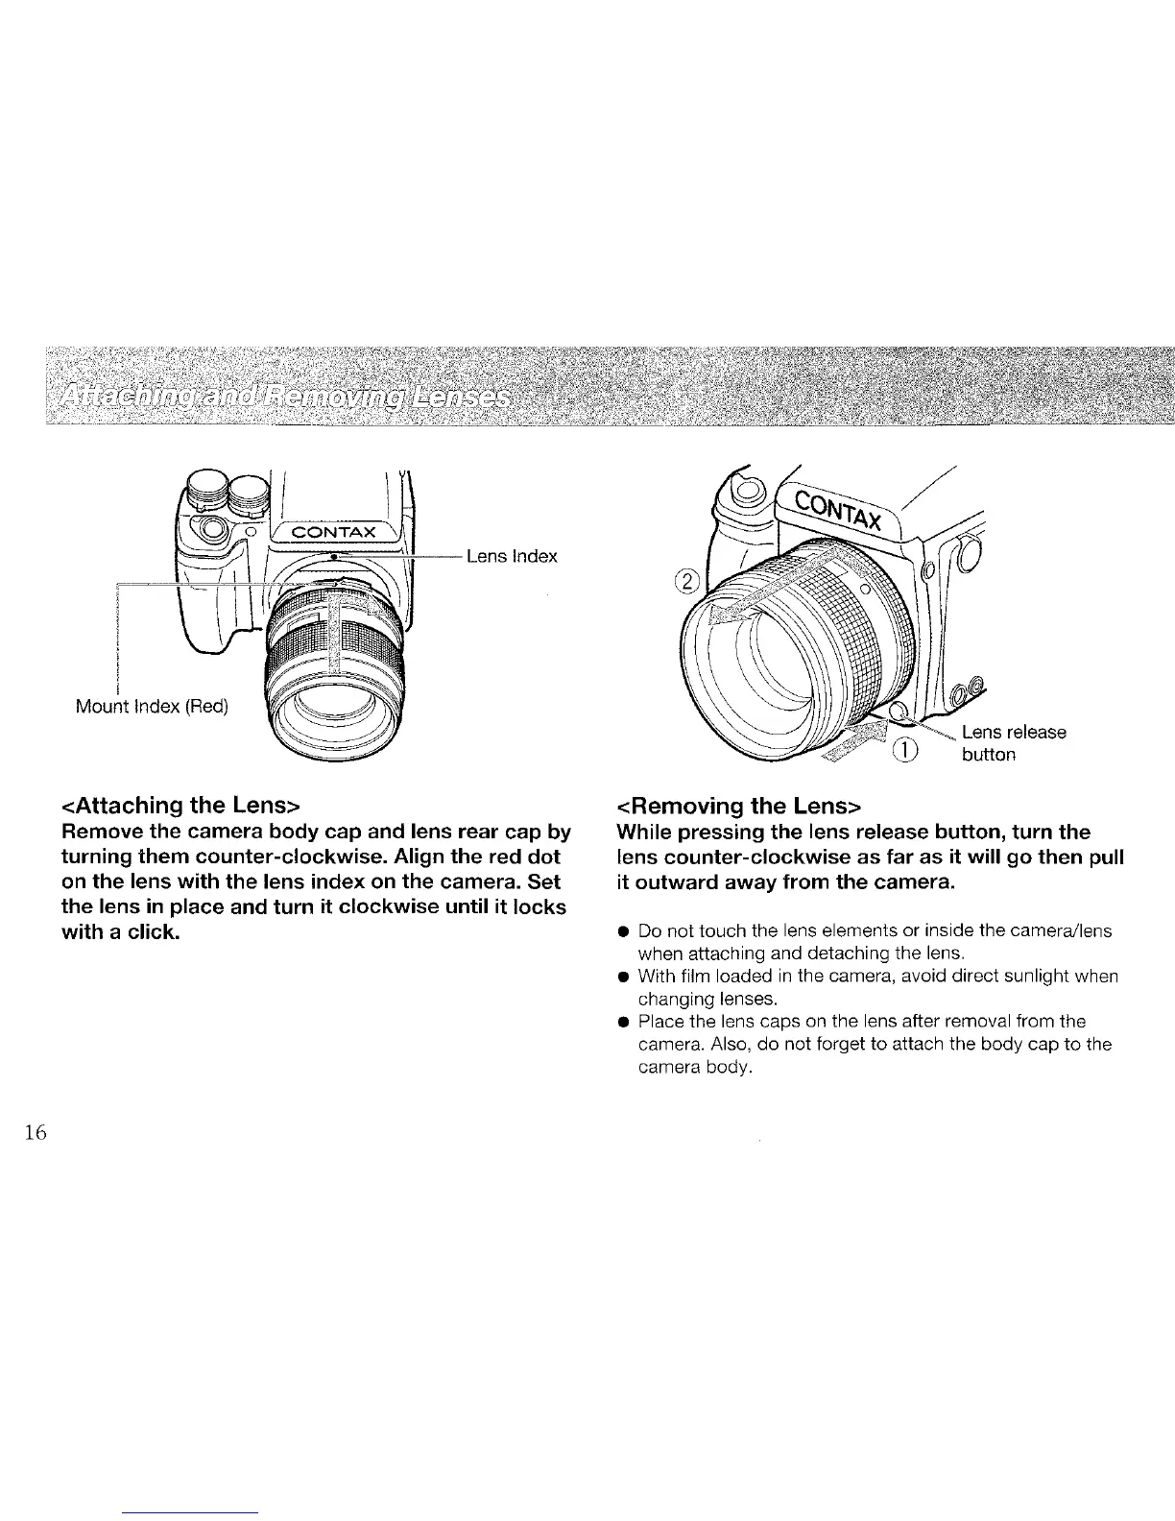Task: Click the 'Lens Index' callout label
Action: (x=511, y=557)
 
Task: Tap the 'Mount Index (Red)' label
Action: (x=152, y=708)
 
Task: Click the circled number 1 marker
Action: (x=906, y=750)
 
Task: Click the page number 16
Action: (x=36, y=1133)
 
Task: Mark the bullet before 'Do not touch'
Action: (x=623, y=931)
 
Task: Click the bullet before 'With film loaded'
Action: (x=623, y=978)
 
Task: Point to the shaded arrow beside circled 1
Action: (x=860, y=741)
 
